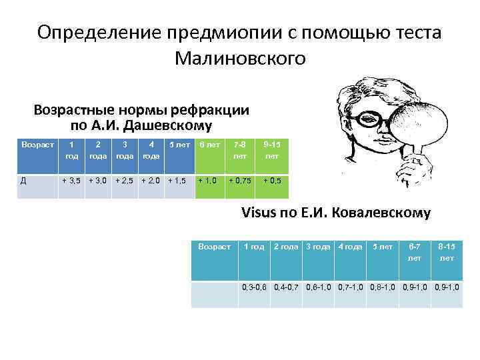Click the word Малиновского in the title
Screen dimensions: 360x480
point(240,59)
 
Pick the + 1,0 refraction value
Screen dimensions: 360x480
point(207,181)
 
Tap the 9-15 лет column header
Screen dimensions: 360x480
point(272,150)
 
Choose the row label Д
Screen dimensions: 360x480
point(25,181)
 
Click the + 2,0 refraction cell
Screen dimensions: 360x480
point(153,181)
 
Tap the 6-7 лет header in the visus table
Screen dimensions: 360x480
point(415,252)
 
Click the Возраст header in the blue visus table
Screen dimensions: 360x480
point(214,247)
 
